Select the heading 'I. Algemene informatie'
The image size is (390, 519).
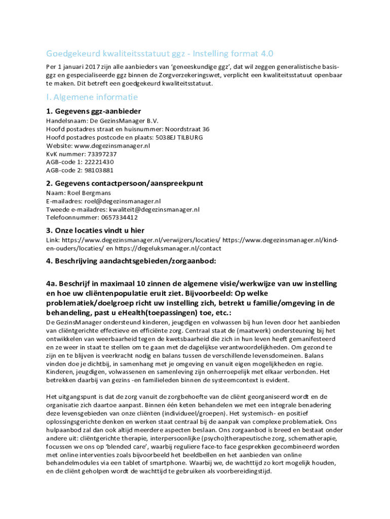(x=92, y=97)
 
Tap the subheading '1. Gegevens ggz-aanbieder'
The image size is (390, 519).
(x=94, y=111)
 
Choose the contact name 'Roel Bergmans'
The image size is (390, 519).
(x=87, y=193)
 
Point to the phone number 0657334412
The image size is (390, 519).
(x=112, y=217)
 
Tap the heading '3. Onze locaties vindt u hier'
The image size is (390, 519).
(x=95, y=231)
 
